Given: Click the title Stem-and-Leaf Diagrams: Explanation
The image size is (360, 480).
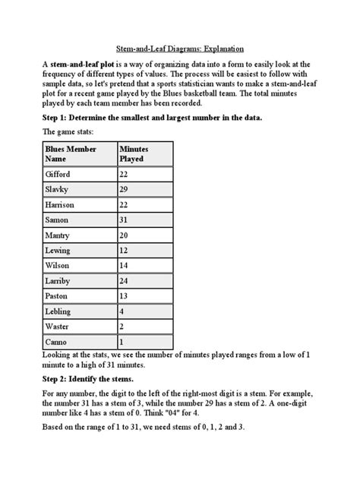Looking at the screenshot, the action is pos(180,46).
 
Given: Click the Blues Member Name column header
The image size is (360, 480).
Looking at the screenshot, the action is pos(71,154).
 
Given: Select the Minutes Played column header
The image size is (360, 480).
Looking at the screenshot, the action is pos(134,154).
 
